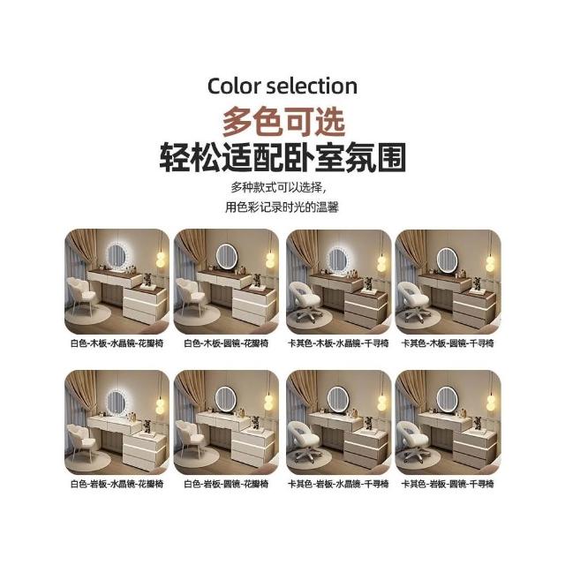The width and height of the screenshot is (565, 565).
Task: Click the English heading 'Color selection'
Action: (282, 87)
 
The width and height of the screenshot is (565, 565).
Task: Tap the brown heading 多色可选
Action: (283, 121)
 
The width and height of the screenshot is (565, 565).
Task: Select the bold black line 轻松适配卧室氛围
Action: (282, 157)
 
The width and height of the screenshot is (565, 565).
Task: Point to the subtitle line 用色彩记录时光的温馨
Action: (282, 207)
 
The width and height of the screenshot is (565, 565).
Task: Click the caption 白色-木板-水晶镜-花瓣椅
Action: (117, 343)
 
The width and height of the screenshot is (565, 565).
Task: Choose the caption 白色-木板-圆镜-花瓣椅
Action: (226, 343)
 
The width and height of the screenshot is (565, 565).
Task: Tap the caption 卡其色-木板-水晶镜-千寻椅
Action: (338, 343)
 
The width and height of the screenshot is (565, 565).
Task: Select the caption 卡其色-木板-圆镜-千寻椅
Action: (448, 343)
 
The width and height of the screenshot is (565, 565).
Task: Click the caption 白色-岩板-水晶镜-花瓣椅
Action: (117, 484)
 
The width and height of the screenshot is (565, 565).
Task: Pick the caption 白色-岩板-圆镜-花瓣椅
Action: (226, 484)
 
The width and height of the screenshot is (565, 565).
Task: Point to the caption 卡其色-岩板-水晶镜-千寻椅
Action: (338, 484)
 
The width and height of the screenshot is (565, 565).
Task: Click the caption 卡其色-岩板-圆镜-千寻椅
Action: (448, 484)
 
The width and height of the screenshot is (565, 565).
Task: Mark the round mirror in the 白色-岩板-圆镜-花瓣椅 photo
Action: (226, 399)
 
